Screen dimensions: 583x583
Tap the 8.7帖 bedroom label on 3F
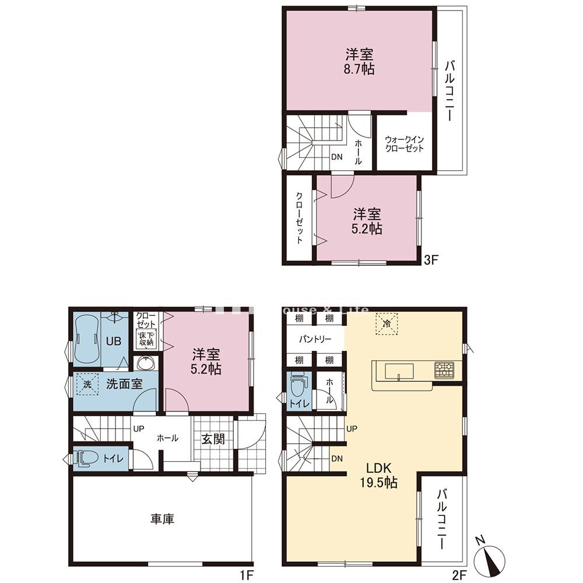click(359, 62)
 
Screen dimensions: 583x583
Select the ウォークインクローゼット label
click(404, 144)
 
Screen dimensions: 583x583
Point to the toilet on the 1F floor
click(86, 458)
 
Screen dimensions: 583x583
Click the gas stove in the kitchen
click(444, 370)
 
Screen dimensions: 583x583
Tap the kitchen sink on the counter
click(398, 371)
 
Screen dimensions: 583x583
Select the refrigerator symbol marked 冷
click(386, 323)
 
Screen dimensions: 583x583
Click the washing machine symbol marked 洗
click(86, 385)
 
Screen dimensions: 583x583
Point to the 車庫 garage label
click(163, 518)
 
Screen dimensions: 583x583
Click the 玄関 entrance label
click(213, 439)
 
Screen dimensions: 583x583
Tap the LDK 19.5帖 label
click(382, 475)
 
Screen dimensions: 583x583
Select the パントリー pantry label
click(315, 339)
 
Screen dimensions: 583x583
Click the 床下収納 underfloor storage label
click(146, 338)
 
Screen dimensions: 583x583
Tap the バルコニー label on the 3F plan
click(451, 90)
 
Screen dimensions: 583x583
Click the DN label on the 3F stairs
click(337, 157)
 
